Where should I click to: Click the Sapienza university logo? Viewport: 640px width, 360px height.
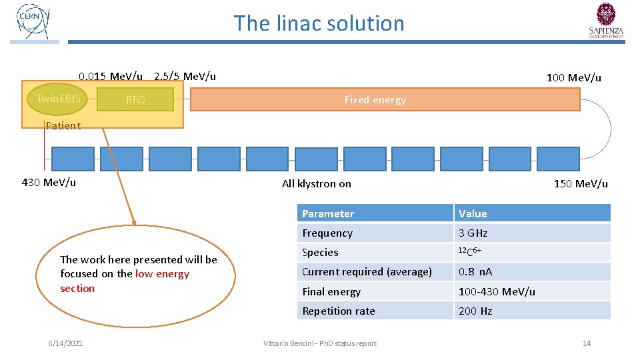pos(606,21)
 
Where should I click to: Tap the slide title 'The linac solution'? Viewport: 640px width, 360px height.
pos(319,23)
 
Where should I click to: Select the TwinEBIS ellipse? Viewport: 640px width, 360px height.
pos(58,99)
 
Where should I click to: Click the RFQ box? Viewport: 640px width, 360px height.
pos(135,100)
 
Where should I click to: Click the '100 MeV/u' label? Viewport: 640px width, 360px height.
pos(573,77)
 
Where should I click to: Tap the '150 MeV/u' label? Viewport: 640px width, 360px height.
pos(581,183)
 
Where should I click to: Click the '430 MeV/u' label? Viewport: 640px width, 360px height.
pos(49,182)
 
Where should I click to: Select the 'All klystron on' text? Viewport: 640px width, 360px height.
pos(316,183)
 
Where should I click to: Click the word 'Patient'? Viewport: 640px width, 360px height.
pos(63,125)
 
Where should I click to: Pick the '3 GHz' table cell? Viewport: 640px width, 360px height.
pos(473,233)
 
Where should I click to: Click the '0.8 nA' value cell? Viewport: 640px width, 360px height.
pos(475,271)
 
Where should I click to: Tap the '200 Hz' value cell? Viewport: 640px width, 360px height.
pos(475,311)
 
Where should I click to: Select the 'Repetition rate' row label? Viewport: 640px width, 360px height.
pos(339,311)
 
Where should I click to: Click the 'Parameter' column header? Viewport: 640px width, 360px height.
pos(328,213)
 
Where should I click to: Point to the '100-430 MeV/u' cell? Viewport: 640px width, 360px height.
pos(496,291)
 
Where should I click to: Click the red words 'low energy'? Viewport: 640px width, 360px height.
pos(162,274)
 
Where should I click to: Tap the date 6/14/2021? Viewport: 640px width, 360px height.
pos(65,343)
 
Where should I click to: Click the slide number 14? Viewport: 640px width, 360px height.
pos(587,343)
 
